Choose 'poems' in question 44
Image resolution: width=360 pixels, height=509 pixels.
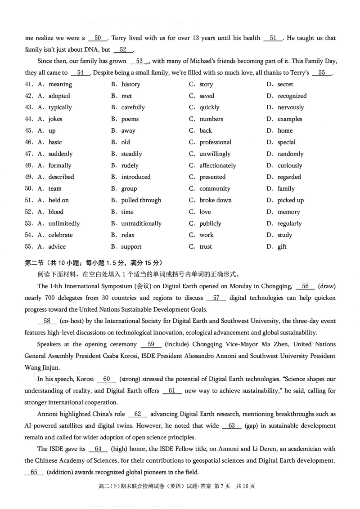click(130, 119)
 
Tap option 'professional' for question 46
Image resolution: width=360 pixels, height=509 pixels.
click(215, 142)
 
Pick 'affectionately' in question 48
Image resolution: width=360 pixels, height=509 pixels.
click(217, 165)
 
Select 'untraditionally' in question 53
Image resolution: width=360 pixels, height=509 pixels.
click(141, 223)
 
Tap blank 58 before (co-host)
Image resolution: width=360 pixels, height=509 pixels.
click(47, 321)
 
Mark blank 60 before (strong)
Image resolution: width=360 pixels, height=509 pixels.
click(106, 379)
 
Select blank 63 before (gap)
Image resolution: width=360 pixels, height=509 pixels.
click(232, 425)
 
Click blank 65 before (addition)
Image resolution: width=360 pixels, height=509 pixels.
click(34, 472)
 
